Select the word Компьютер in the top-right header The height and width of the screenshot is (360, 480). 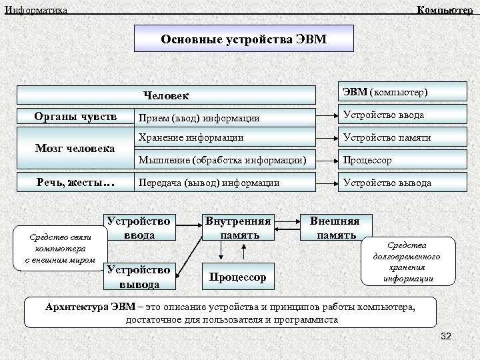[445, 9]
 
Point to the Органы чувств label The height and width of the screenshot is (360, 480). [75, 117]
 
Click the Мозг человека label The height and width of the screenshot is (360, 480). [75, 148]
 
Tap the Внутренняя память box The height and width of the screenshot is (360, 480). [238, 227]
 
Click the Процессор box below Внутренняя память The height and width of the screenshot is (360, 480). [237, 277]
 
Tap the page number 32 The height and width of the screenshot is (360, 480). [446, 337]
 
